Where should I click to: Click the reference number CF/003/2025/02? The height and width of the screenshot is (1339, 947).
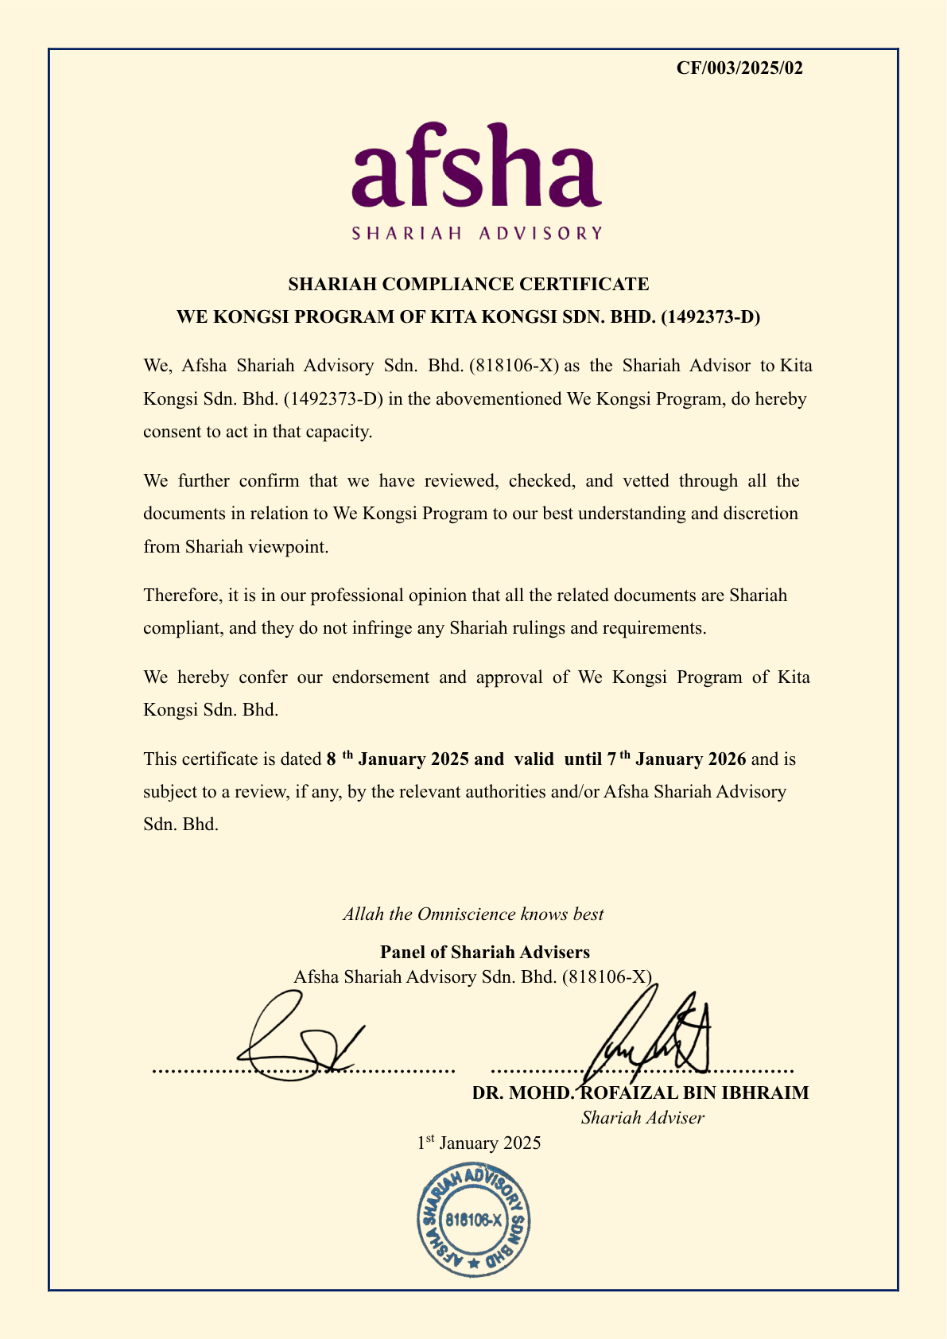(x=739, y=68)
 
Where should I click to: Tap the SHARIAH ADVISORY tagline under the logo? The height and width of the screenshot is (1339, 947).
(x=476, y=233)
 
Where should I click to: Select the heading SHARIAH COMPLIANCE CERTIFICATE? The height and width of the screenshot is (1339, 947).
(x=468, y=284)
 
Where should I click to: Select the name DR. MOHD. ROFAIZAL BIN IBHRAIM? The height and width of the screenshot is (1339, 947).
(x=640, y=1093)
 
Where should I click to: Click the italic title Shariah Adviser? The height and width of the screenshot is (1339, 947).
(x=642, y=1118)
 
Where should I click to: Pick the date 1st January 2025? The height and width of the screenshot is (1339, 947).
(x=479, y=1143)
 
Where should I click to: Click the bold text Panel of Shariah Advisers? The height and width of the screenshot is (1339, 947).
(x=485, y=952)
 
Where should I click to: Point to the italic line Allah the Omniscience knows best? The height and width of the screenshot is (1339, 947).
(x=473, y=914)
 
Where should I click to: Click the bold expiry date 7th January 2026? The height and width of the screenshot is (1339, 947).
(x=676, y=759)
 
